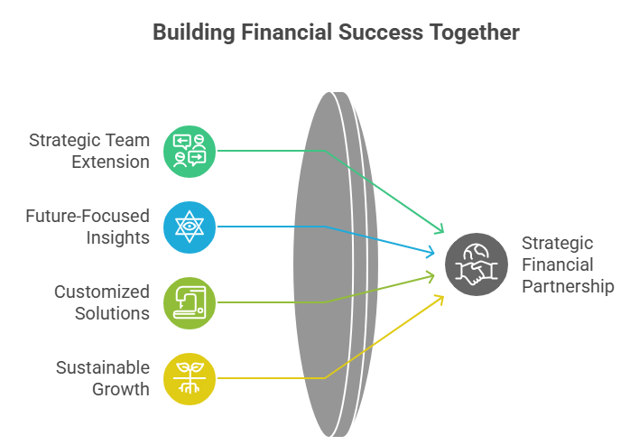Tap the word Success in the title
click(x=372, y=33)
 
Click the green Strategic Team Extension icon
click(x=190, y=151)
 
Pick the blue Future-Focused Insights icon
click(x=190, y=227)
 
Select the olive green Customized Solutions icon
click(x=190, y=302)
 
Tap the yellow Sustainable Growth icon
click(x=190, y=378)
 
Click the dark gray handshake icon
click(x=470, y=264)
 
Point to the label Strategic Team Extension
click(x=88, y=151)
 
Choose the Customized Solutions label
click(x=101, y=302)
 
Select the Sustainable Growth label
click(x=102, y=378)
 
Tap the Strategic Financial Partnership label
click(x=568, y=264)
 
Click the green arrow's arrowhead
click(x=441, y=231)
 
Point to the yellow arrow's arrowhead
click(x=441, y=296)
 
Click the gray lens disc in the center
click(x=329, y=264)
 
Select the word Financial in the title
click(x=278, y=33)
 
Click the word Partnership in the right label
click(x=568, y=286)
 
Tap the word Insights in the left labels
click(x=117, y=237)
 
